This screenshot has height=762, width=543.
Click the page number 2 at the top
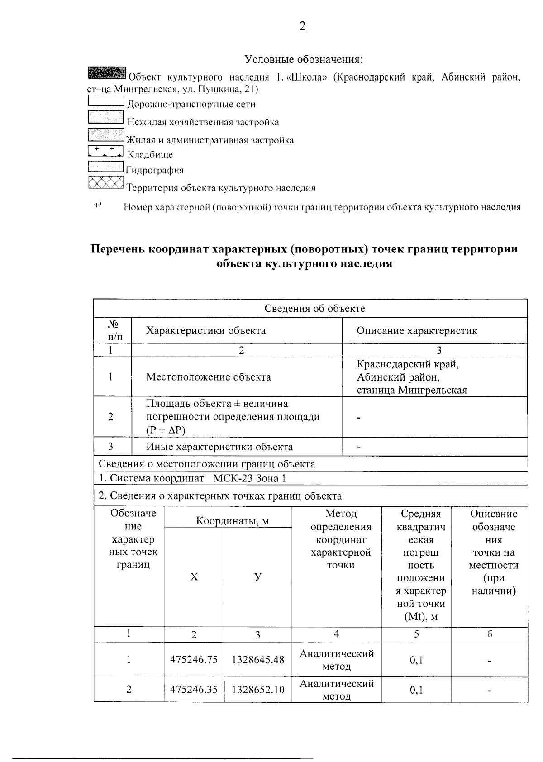point(303,26)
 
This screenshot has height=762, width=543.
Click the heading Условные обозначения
point(304,59)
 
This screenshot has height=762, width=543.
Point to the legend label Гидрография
point(155,171)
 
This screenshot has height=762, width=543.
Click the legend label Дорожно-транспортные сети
point(191,105)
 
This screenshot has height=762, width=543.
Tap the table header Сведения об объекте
point(314,309)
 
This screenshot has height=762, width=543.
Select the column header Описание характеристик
point(417,331)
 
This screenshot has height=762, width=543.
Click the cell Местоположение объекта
point(209,377)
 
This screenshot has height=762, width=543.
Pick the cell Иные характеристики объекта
point(219,447)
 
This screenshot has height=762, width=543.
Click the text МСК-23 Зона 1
point(250,479)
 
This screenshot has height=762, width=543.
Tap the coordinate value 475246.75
point(194,660)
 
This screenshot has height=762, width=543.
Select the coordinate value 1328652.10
point(258,690)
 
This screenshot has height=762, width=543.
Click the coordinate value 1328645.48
point(258,660)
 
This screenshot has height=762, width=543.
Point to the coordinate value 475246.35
point(194,690)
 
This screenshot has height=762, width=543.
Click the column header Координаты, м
point(232,521)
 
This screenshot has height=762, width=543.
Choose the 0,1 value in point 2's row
point(416,690)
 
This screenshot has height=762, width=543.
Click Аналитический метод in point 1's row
point(337,660)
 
